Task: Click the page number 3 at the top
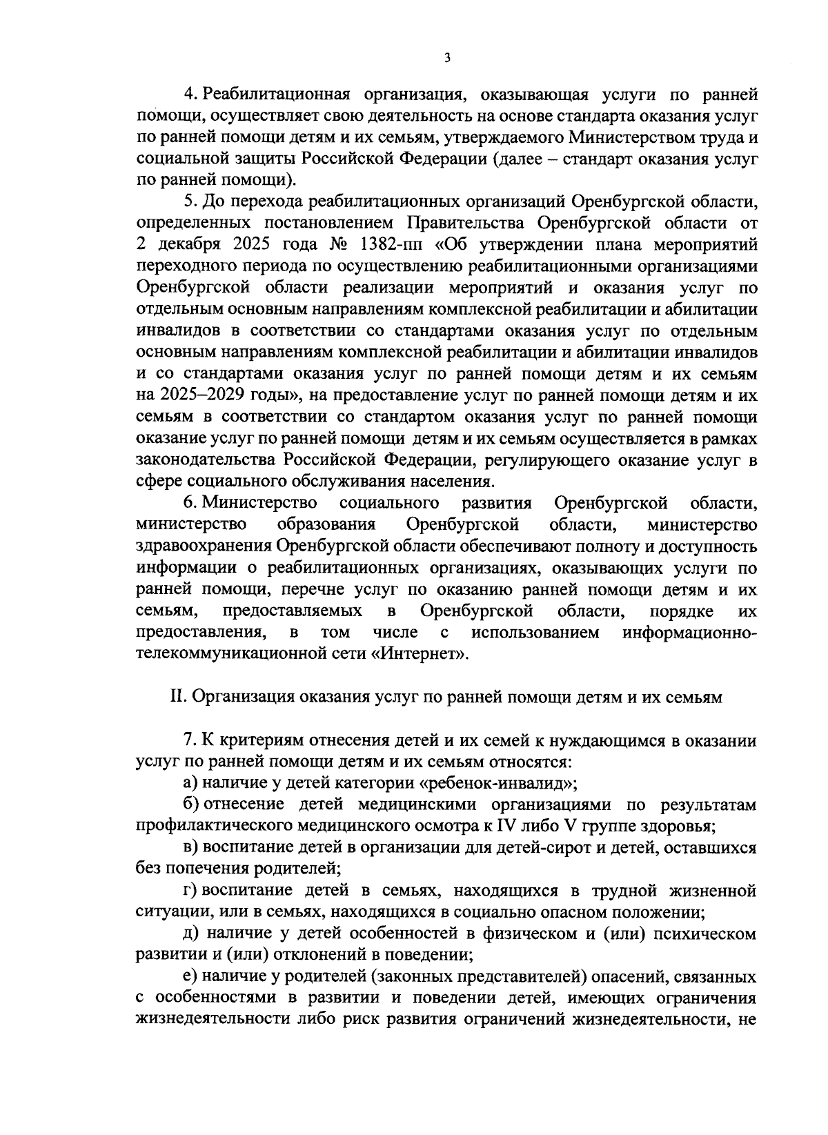point(447,59)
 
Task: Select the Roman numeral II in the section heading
point(177,698)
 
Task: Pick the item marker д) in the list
point(190,934)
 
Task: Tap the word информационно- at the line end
point(689,632)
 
